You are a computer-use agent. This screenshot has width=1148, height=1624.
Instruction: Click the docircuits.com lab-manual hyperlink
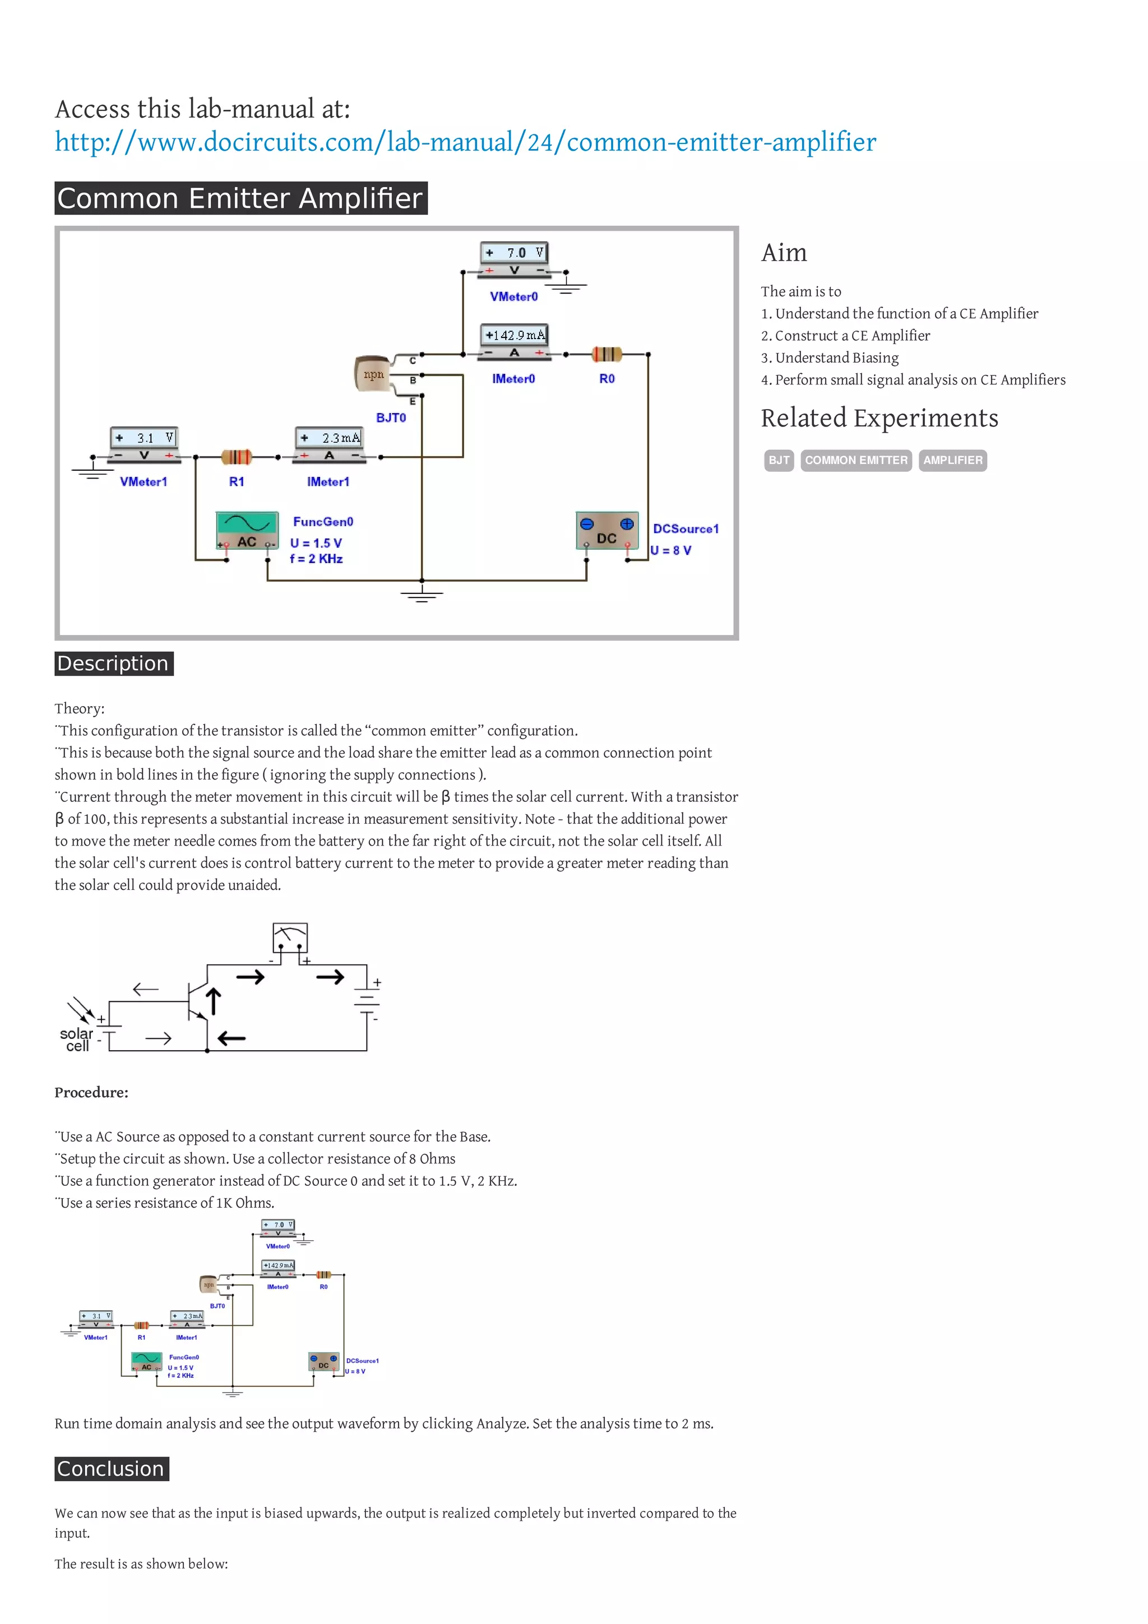tap(465, 143)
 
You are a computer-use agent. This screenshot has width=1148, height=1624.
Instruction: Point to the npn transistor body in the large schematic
tap(372, 374)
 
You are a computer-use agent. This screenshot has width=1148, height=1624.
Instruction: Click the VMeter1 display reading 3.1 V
tap(144, 438)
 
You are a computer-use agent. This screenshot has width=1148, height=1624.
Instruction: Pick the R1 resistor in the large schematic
tap(236, 457)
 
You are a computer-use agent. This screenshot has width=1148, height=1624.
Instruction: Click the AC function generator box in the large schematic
tap(246, 531)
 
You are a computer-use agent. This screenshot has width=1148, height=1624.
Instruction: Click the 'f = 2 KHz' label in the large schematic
tap(316, 559)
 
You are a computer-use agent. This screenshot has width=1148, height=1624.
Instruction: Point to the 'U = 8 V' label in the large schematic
tap(670, 550)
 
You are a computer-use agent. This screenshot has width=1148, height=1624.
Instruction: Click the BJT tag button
tap(779, 461)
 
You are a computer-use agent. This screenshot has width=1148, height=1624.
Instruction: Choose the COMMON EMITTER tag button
tap(856, 461)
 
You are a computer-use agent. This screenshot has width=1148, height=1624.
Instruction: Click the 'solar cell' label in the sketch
tap(76, 1040)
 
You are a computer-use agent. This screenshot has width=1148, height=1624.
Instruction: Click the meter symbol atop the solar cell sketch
tap(290, 937)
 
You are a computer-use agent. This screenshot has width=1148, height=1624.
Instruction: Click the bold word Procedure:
tap(91, 1093)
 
